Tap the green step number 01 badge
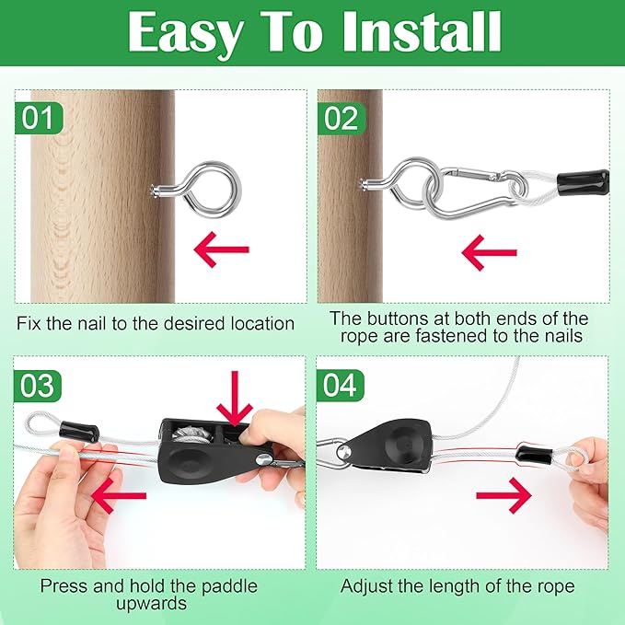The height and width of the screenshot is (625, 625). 39,118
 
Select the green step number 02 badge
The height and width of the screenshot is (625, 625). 341,118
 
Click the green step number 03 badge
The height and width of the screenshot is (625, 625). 38,386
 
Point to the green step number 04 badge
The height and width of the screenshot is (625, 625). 340,385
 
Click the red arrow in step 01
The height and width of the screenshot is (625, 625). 221,249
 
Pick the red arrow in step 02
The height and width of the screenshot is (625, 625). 489,252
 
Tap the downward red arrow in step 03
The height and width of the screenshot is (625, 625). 235,398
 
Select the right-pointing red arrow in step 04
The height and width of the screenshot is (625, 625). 503,495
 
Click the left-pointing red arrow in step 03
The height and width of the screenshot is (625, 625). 119,496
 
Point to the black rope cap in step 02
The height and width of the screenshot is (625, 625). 584,181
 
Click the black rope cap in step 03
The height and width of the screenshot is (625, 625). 79,432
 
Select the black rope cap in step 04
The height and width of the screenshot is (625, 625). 534,456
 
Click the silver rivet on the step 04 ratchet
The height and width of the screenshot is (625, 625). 343,452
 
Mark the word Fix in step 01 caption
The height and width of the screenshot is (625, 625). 29,323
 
